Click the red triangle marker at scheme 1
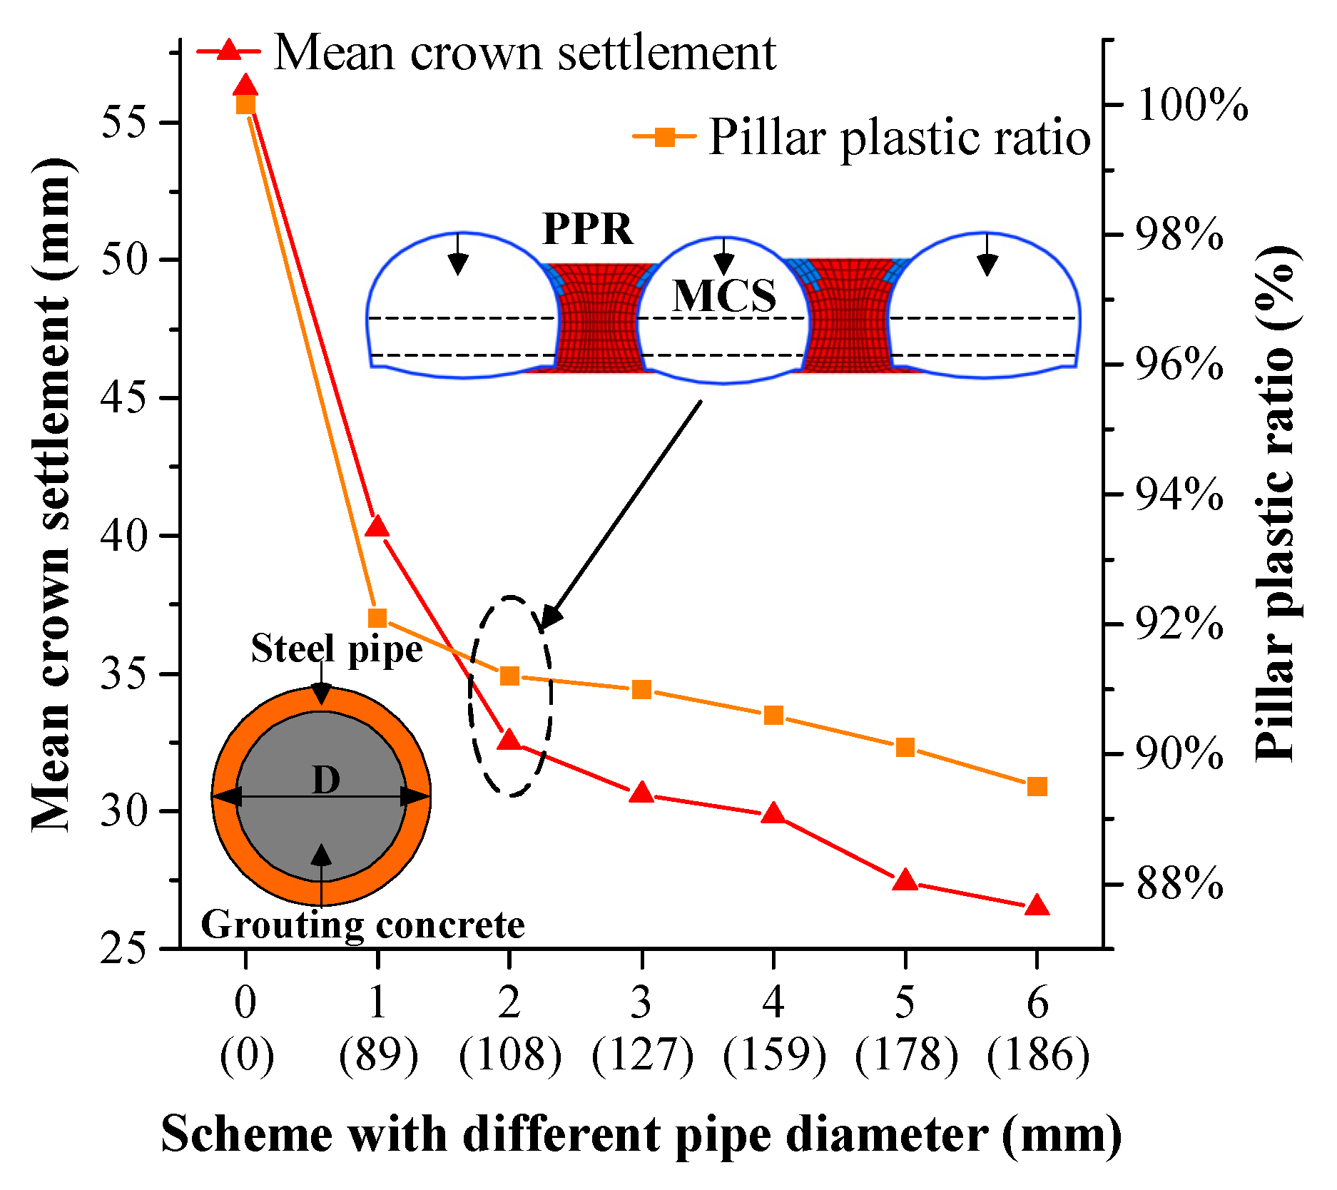[377, 527]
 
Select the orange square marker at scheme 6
[1037, 787]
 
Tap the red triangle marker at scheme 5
[905, 880]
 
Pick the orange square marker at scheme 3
[642, 689]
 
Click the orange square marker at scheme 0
[245, 105]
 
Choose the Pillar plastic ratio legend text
[899, 137]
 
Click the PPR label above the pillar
[587, 229]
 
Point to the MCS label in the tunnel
[723, 295]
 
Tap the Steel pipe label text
[337, 649]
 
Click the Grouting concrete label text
[362, 925]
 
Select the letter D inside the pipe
[326, 780]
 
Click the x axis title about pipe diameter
[641, 1134]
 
